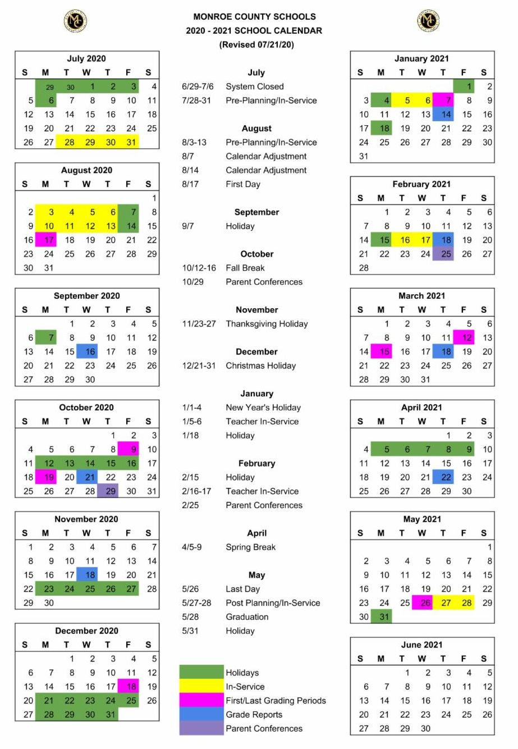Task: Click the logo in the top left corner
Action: pyautogui.click(x=75, y=21)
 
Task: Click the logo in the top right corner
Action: pyautogui.click(x=428, y=21)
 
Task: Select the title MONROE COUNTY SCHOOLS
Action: pyautogui.click(x=254, y=17)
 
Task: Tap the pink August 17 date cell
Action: pyautogui.click(x=46, y=240)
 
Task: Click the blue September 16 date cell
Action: pyautogui.click(x=88, y=351)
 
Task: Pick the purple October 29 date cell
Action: pyautogui.click(x=108, y=491)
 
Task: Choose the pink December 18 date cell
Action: pyautogui.click(x=129, y=686)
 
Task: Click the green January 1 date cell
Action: pyautogui.click(x=464, y=86)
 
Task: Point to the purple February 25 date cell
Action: pyautogui.click(x=443, y=254)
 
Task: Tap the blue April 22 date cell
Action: pyautogui.click(x=443, y=477)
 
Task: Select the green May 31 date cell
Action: pyautogui.click(x=382, y=616)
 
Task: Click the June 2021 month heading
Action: pyautogui.click(x=421, y=645)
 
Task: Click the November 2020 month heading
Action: pyautogui.click(x=86, y=519)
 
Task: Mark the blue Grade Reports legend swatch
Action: pyautogui.click(x=201, y=714)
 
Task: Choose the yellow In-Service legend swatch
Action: pyautogui.click(x=201, y=686)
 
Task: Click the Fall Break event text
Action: pyautogui.click(x=245, y=268)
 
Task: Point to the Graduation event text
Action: pyautogui.click(x=247, y=616)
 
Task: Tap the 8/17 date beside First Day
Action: pyautogui.click(x=190, y=184)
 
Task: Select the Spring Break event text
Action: pyautogui.click(x=251, y=547)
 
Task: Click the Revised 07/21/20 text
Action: pyautogui.click(x=256, y=44)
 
